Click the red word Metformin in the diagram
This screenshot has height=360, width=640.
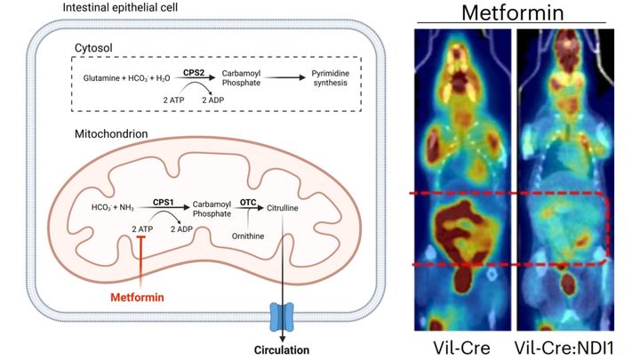(x=137, y=297)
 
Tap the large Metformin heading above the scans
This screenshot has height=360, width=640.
(x=513, y=12)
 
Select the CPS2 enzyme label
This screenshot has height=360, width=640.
(x=194, y=73)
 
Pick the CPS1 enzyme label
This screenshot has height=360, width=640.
(x=164, y=202)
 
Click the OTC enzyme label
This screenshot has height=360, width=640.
(x=248, y=203)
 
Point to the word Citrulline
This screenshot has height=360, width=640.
(x=283, y=208)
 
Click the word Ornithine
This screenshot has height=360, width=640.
(x=248, y=236)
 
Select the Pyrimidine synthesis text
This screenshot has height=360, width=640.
(x=331, y=78)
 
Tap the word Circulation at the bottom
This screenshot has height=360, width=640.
(x=282, y=350)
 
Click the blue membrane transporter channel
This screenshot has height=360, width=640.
(x=282, y=316)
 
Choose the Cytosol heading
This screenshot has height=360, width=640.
(x=93, y=48)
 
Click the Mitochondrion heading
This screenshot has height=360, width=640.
(x=111, y=134)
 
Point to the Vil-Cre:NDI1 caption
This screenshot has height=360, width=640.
(x=564, y=348)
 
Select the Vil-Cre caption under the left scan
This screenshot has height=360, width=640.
(x=461, y=348)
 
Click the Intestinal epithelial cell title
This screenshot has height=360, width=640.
(x=120, y=7)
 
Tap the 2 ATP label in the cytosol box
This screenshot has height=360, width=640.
(x=173, y=100)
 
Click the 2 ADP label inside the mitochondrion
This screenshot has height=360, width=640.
(x=181, y=229)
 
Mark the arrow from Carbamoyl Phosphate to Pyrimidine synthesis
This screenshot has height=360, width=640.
(x=285, y=77)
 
